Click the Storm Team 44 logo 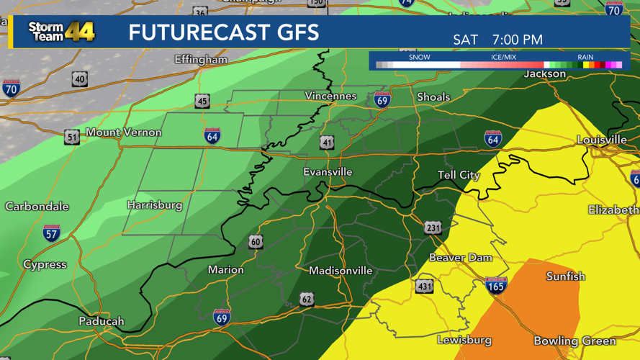point(61,32)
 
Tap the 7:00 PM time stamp point(518,40)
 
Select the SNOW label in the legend point(419,57)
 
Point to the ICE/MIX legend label point(503,57)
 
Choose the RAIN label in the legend point(585,57)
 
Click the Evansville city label point(328,172)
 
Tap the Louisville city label point(601,140)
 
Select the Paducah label point(102,321)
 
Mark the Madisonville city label point(341,271)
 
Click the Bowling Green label point(574,341)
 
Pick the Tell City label point(459,176)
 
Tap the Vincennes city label point(330,96)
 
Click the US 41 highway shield point(327,143)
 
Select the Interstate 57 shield point(51,233)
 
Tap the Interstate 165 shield point(496,285)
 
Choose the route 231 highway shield point(432,228)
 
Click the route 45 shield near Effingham point(202,102)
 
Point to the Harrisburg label point(155,205)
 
